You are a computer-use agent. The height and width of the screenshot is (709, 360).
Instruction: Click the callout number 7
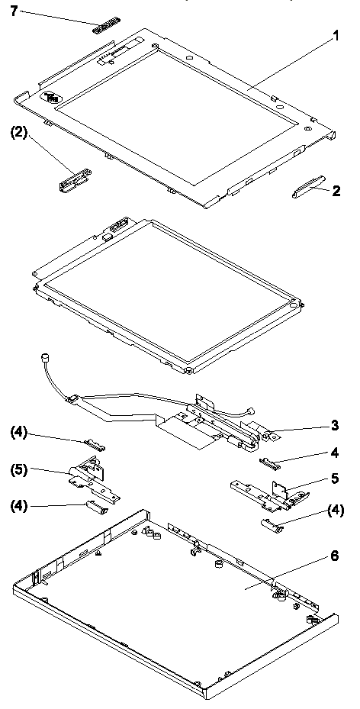[15, 11]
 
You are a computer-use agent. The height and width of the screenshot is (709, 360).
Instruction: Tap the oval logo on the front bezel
[48, 97]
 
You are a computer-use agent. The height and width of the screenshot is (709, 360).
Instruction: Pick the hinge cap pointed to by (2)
[75, 178]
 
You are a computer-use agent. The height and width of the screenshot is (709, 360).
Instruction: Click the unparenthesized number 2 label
[336, 192]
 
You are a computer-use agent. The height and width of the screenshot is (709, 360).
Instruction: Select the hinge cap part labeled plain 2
[308, 186]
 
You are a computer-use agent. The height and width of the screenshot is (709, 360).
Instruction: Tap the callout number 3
[335, 426]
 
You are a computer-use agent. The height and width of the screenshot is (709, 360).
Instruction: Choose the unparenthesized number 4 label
[334, 452]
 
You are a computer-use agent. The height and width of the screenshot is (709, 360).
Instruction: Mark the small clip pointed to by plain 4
[270, 461]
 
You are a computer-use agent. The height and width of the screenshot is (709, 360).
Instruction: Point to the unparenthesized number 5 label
[335, 479]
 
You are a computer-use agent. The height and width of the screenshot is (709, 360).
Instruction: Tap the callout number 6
[334, 556]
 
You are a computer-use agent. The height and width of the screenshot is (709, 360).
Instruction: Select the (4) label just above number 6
[334, 511]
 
